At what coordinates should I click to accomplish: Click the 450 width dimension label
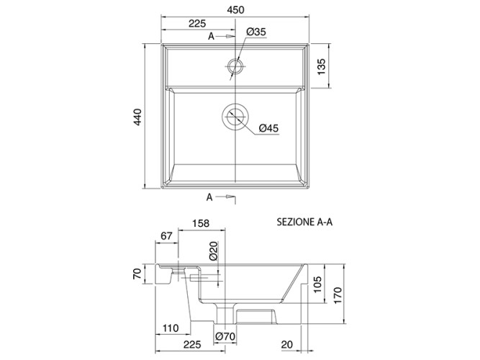[x=236, y=10]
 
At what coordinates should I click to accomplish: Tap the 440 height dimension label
[x=137, y=117]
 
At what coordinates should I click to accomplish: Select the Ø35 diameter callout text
[x=256, y=32]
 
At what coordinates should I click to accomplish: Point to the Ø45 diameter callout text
[x=268, y=127]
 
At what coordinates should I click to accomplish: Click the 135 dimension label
[x=321, y=67]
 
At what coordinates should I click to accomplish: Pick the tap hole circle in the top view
[x=235, y=59]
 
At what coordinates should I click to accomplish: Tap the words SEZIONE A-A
[x=304, y=222]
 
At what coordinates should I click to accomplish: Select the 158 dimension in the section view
[x=201, y=223]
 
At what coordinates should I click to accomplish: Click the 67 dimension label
[x=166, y=236]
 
